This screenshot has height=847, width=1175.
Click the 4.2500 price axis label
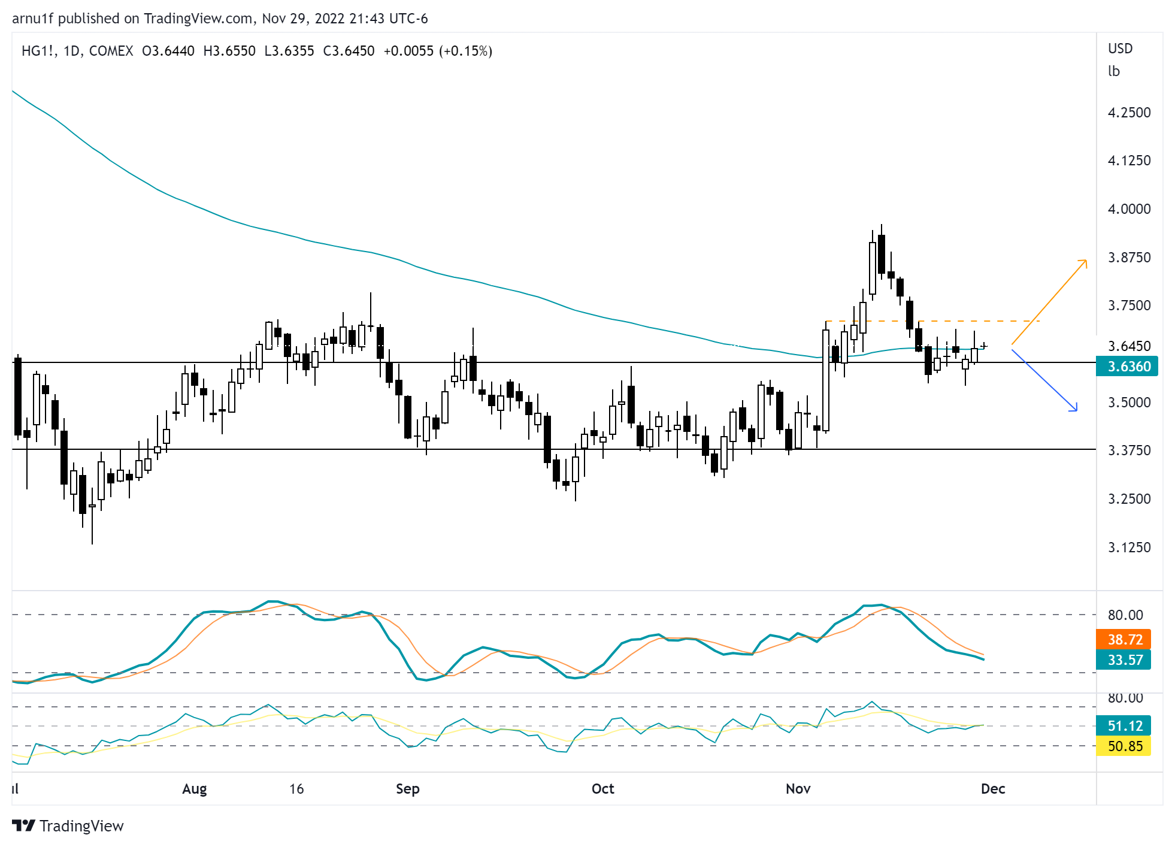(x=1129, y=113)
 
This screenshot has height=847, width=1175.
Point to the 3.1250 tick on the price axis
(x=1129, y=547)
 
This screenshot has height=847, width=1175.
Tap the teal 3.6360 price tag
(x=1126, y=366)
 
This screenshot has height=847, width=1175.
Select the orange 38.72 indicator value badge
(x=1123, y=639)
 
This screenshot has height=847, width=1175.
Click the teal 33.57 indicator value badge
(x=1123, y=660)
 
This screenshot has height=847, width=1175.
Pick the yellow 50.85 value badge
(x=1123, y=746)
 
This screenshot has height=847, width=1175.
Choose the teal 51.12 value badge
(x=1123, y=725)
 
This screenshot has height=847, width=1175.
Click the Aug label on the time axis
(x=194, y=788)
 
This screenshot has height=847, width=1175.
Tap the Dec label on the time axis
(x=992, y=788)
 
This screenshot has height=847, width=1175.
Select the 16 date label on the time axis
(x=296, y=788)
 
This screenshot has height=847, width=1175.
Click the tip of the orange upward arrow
(x=1086, y=260)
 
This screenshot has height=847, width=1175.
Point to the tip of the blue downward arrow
(x=1077, y=410)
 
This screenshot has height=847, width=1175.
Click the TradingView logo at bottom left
(x=67, y=825)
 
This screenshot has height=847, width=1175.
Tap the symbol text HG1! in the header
(x=38, y=51)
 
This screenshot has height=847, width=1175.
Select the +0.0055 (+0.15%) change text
(x=438, y=51)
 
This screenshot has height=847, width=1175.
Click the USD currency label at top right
(x=1120, y=49)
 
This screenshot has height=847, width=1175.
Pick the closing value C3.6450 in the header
(x=349, y=51)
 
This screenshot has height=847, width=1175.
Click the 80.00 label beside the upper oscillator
(x=1125, y=615)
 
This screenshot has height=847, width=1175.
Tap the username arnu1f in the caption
(x=33, y=19)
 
